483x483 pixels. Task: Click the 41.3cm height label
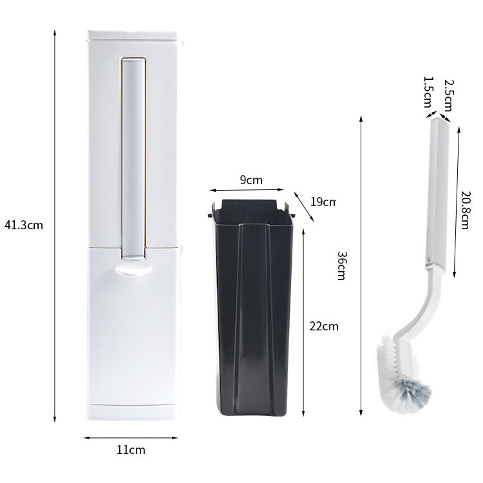coord(23,226)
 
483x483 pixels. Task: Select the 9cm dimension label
coord(251,180)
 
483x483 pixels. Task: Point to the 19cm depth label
coord(323,202)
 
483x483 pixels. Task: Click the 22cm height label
coord(323,326)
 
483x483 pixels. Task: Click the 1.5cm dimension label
coord(427,92)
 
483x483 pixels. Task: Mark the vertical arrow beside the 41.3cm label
coord(55,226)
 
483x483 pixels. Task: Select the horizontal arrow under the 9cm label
coord(247,189)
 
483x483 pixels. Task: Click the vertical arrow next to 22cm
coord(303,322)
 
